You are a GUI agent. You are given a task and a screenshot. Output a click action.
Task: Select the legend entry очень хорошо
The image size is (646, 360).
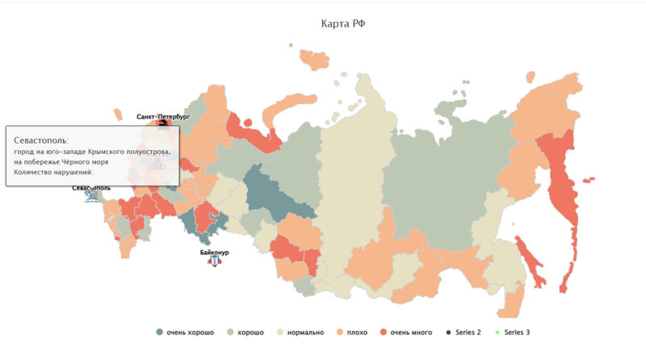191,333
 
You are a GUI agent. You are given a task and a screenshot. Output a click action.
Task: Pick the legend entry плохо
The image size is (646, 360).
356,333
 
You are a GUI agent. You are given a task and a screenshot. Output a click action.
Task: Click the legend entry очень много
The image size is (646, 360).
411,333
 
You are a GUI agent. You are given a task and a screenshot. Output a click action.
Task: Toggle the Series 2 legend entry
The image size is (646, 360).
468,333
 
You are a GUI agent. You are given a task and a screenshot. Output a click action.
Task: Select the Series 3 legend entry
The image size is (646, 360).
517,333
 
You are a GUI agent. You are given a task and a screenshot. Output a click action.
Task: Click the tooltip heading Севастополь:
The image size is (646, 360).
41,140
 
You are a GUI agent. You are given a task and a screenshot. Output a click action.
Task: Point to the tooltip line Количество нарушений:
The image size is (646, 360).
53,172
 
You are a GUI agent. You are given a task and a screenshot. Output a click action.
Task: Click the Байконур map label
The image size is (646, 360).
214,253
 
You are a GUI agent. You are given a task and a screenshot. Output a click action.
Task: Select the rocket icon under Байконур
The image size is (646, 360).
214,262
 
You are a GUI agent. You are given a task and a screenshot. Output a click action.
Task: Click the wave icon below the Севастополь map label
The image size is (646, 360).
91,195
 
